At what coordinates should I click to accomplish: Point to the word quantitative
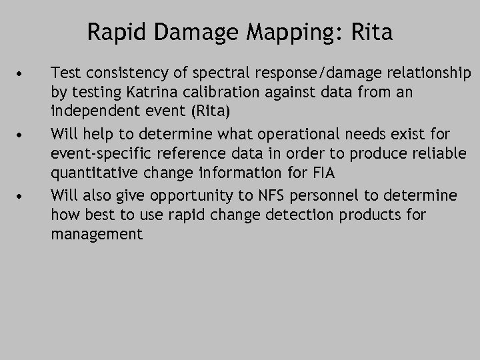coord(90,173)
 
